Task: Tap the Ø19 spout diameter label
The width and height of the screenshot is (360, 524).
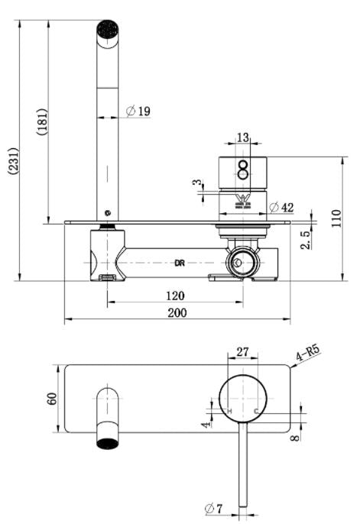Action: (138, 112)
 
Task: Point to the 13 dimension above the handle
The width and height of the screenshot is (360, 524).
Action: (243, 137)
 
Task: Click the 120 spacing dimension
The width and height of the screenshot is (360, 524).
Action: (176, 295)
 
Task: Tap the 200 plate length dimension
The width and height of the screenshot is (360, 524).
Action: (177, 312)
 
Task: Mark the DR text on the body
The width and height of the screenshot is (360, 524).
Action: (180, 263)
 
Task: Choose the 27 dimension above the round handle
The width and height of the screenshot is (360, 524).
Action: (242, 351)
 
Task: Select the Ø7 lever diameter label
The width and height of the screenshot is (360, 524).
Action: (214, 508)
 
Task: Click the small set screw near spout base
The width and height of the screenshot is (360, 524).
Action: (108, 213)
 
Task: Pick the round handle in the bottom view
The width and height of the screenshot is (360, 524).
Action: (243, 399)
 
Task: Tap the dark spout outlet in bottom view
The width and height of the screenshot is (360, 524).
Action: (108, 442)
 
